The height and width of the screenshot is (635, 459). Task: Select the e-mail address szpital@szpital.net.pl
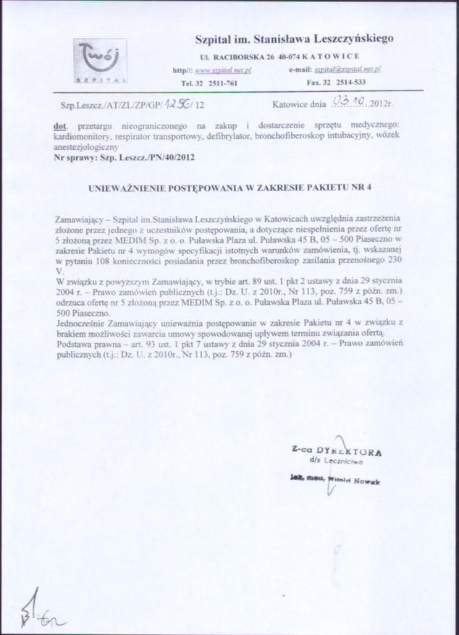[x=348, y=70]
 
